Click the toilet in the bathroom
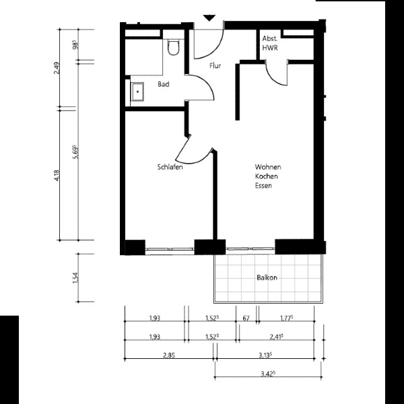pyautogui.click(x=173, y=47)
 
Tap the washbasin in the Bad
pyautogui.click(x=137, y=92)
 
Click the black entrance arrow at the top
pyautogui.click(x=209, y=18)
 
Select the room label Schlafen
pyautogui.click(x=170, y=167)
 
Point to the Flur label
pyautogui.click(x=215, y=66)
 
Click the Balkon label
pyautogui.click(x=267, y=277)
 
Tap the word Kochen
pyautogui.click(x=267, y=176)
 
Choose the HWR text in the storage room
pyautogui.click(x=270, y=48)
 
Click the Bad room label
pyautogui.click(x=164, y=84)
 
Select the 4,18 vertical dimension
pyautogui.click(x=57, y=175)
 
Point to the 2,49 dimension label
pyautogui.click(x=57, y=68)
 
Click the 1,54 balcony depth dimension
pyautogui.click(x=75, y=277)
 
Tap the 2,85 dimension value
pyautogui.click(x=169, y=356)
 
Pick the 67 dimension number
pyautogui.click(x=246, y=318)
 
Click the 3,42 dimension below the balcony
pyautogui.click(x=268, y=374)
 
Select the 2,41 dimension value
pyautogui.click(x=277, y=337)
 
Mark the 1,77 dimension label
pyautogui.click(x=287, y=318)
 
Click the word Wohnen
pyautogui.click(x=268, y=167)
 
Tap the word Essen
pyautogui.click(x=263, y=186)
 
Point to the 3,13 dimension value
pyautogui.click(x=265, y=356)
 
